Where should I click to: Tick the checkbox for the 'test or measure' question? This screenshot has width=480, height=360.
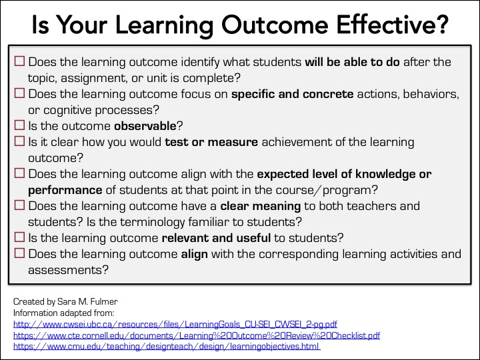click(19, 142)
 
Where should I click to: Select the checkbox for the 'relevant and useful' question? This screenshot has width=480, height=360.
click(19, 237)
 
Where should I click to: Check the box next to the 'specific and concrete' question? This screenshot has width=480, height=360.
click(19, 94)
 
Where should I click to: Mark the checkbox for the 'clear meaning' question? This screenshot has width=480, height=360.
click(19, 206)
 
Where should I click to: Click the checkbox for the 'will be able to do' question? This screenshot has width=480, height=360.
click(19, 62)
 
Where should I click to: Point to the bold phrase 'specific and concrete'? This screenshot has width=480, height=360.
click(292, 94)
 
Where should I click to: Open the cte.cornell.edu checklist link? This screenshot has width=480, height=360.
click(197, 335)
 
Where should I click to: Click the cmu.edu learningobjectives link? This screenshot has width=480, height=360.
click(167, 346)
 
